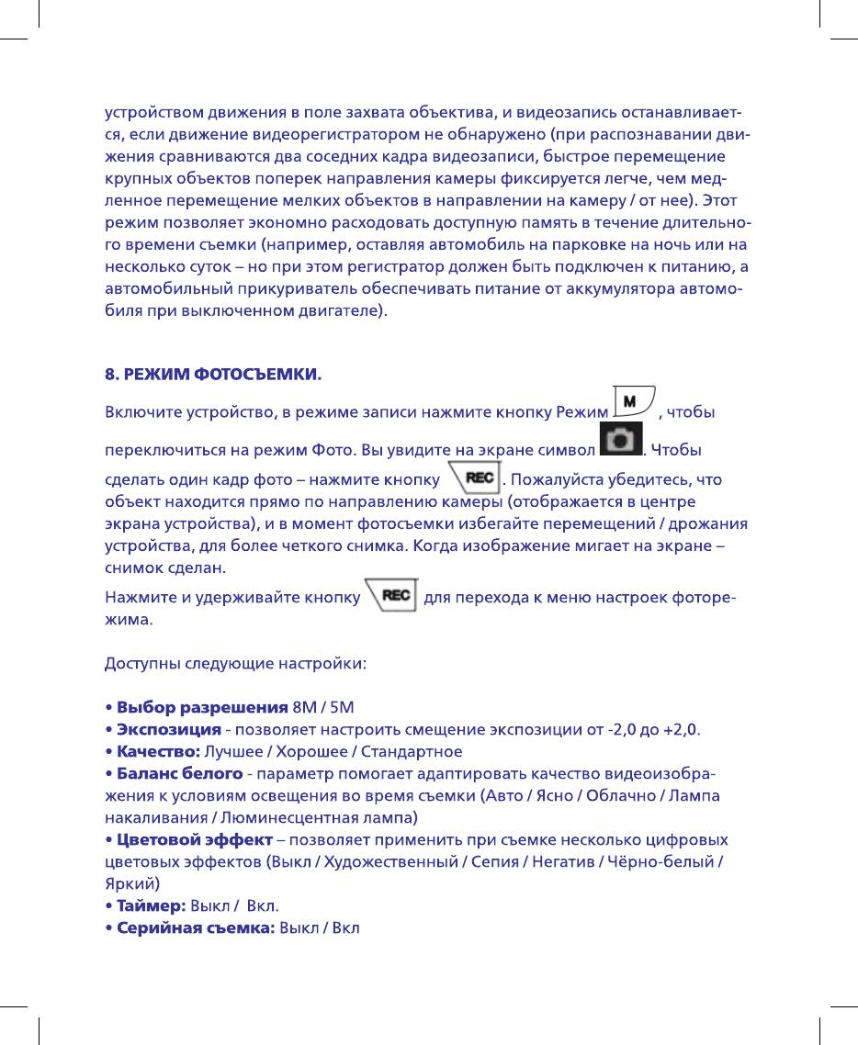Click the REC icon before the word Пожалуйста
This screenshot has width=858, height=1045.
click(474, 478)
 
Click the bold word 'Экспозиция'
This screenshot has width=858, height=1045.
click(168, 729)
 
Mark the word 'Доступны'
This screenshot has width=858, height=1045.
click(137, 663)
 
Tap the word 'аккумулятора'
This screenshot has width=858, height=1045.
click(605, 289)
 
